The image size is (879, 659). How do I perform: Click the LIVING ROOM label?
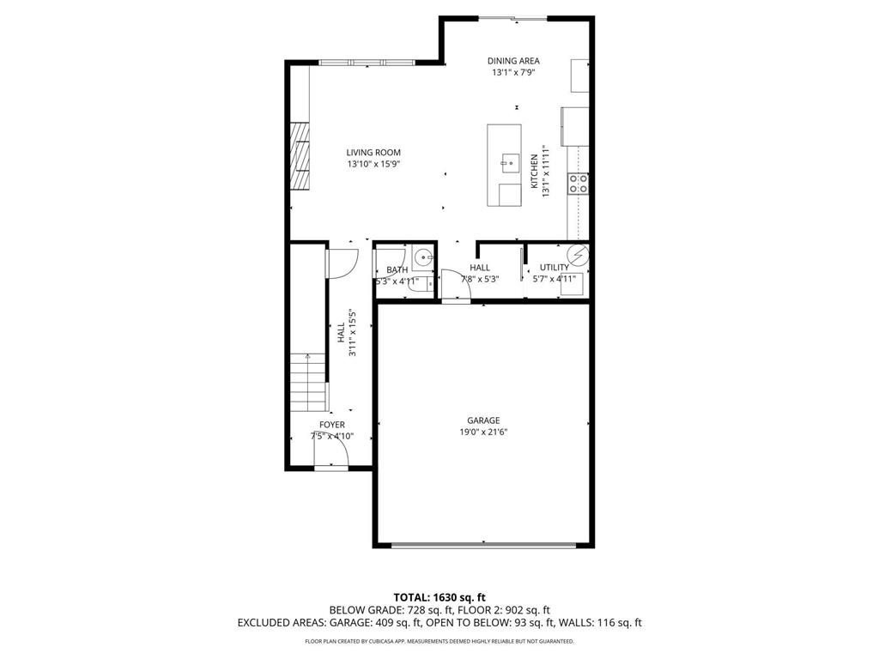click(373, 153)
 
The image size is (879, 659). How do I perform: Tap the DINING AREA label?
click(513, 61)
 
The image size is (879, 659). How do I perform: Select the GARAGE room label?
click(483, 420)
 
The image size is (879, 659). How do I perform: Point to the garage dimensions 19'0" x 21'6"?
click(483, 432)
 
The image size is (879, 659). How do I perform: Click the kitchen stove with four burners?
click(579, 182)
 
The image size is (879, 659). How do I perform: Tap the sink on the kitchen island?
click(509, 160)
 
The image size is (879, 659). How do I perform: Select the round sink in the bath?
click(422, 257)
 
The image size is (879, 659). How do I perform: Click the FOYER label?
click(332, 425)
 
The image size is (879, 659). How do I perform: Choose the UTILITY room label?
click(554, 268)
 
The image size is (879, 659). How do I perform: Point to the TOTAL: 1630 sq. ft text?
click(439, 597)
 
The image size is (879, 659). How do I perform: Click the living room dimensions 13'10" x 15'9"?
click(373, 164)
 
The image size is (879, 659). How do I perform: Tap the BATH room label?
click(397, 269)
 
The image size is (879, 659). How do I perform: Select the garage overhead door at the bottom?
click(483, 544)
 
